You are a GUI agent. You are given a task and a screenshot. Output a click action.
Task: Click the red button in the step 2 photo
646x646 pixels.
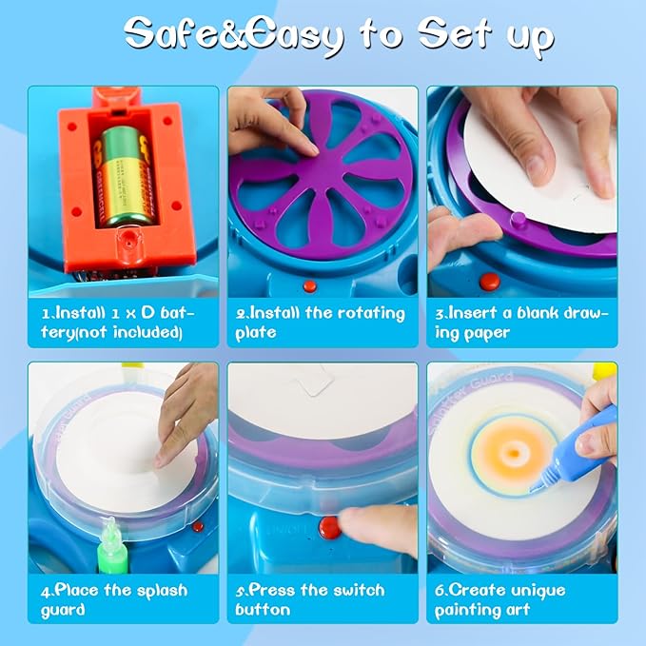[309, 285]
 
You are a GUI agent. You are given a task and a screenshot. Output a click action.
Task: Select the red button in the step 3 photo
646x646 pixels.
[489, 282]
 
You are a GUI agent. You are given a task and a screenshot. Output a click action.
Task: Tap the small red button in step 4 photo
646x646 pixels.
[197, 526]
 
